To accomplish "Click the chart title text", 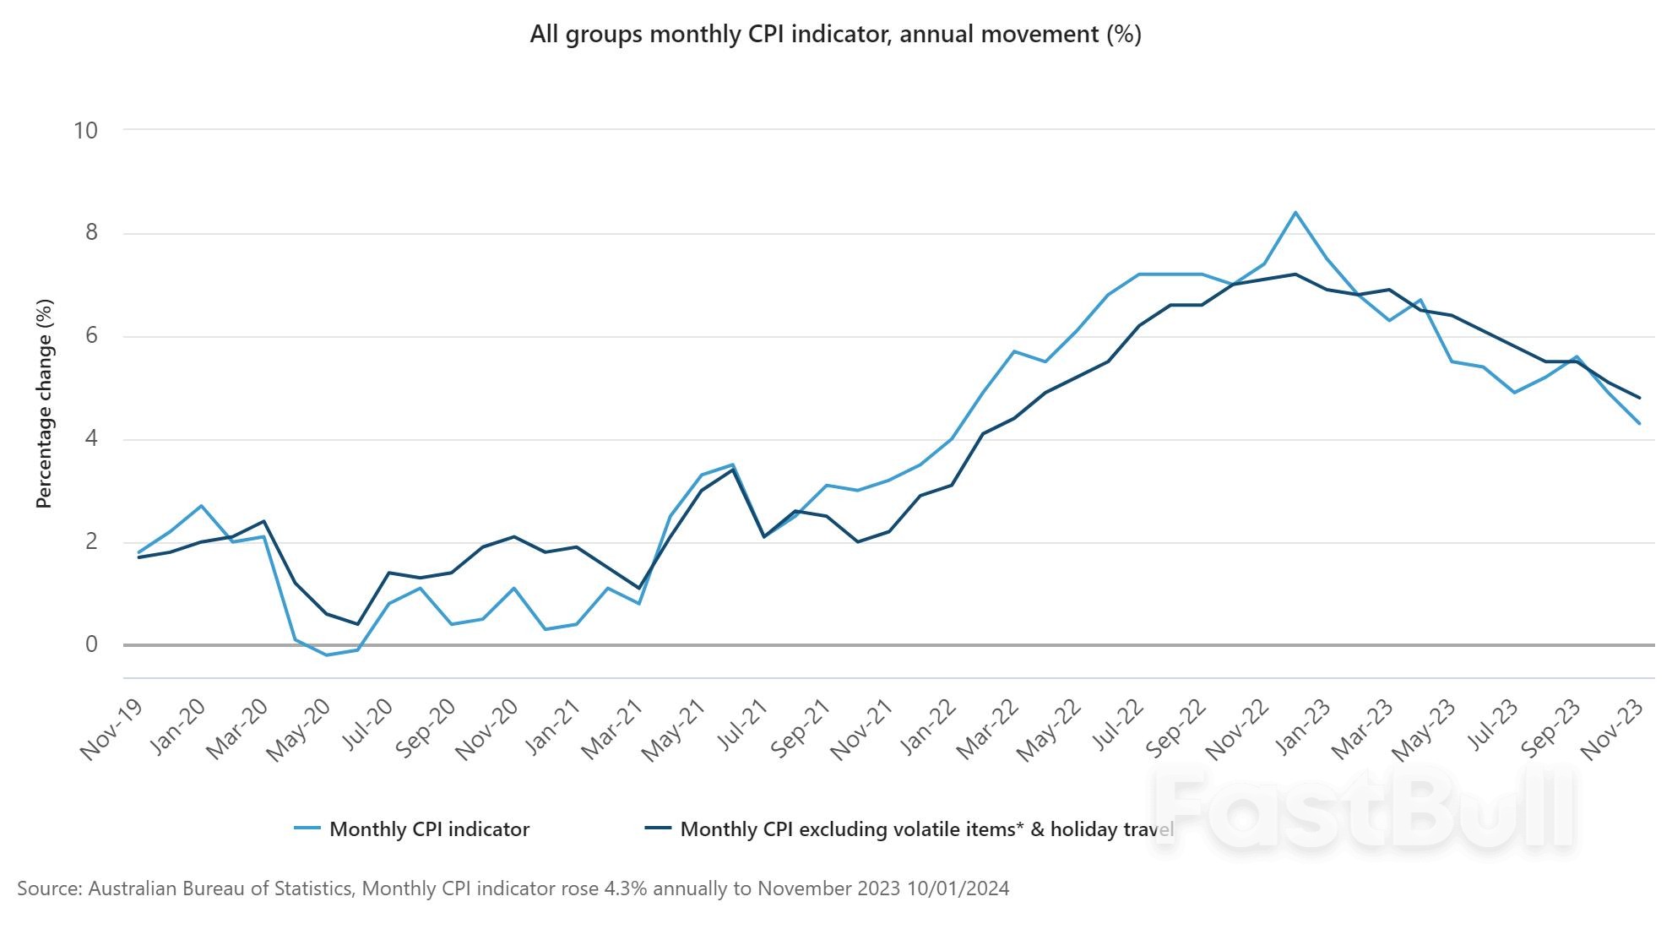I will pos(835,35).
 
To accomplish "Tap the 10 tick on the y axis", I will pos(86,130).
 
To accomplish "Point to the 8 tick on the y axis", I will pos(91,233).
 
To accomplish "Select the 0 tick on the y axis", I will pos(91,644).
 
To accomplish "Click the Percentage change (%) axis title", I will pos(44,404).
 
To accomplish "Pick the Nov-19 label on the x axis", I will pos(111,731).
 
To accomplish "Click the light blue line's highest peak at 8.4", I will pos(1295,213).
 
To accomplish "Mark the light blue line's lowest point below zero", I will pos(327,655).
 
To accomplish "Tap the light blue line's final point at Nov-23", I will pos(1639,423).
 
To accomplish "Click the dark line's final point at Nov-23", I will pos(1639,398).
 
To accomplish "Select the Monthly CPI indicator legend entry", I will pos(429,829).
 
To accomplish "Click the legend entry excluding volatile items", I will pos(926,829).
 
